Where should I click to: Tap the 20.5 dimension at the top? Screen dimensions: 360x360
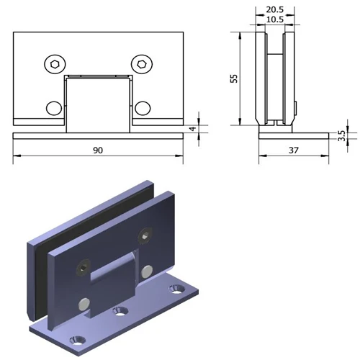click(x=274, y=9)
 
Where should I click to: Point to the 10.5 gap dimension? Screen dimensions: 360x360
click(x=274, y=19)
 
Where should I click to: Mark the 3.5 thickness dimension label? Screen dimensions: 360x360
click(x=341, y=135)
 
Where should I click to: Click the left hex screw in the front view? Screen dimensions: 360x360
click(x=54, y=65)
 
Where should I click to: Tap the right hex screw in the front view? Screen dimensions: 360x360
click(x=141, y=65)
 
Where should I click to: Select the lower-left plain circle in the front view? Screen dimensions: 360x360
click(x=54, y=108)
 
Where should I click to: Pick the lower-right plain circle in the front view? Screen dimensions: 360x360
click(x=142, y=108)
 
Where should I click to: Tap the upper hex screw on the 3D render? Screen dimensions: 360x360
click(x=148, y=235)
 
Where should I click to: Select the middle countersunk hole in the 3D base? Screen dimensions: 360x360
click(x=120, y=312)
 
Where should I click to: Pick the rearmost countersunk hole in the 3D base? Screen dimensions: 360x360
click(x=175, y=289)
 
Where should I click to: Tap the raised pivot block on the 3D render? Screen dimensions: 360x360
click(x=115, y=270)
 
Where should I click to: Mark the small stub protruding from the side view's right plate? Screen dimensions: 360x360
click(x=297, y=109)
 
